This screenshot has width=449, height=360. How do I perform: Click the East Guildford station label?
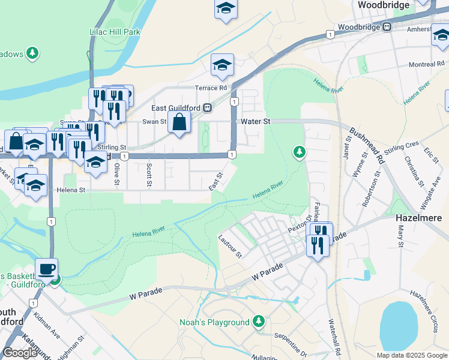[x=175, y=108]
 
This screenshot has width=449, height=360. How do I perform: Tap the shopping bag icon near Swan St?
[x=179, y=123]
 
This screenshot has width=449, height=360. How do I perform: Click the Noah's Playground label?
[x=214, y=322]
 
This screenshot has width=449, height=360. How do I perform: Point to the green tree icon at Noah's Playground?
[x=259, y=322]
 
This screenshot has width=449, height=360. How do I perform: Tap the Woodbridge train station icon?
[x=388, y=27]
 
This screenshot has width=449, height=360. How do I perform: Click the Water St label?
[x=256, y=121]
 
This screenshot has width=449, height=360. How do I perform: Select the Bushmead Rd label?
[x=367, y=146]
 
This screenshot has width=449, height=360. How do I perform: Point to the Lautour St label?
[x=230, y=246]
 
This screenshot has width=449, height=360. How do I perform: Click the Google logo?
[x=20, y=352]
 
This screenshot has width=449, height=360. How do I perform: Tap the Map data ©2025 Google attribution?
[x=412, y=355]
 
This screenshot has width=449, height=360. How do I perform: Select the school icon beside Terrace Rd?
[x=222, y=66]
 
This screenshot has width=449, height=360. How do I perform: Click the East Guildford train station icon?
[x=207, y=108]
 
